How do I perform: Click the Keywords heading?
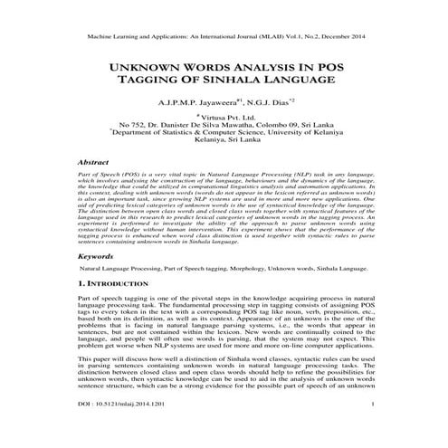pos(101,257)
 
